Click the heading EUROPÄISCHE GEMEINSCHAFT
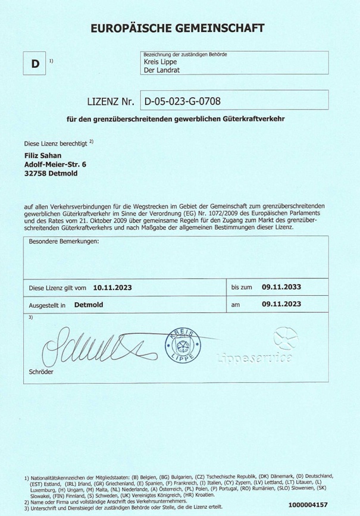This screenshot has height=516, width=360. click(x=177, y=28)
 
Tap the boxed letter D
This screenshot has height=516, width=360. click(x=36, y=64)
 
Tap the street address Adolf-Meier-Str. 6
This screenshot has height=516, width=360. click(x=55, y=165)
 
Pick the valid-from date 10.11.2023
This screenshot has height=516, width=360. click(x=112, y=287)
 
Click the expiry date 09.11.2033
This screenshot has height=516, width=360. click(x=281, y=287)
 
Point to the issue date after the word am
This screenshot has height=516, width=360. click(x=281, y=304)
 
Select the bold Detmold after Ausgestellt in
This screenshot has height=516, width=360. click(x=89, y=304)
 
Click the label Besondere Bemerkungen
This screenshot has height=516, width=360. click(x=64, y=242)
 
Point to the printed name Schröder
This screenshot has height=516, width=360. click(x=41, y=372)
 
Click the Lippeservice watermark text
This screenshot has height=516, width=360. click(x=255, y=358)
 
